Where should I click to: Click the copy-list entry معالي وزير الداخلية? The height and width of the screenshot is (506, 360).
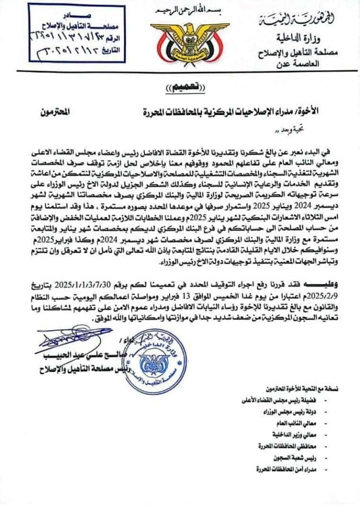click(x=300, y=434)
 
